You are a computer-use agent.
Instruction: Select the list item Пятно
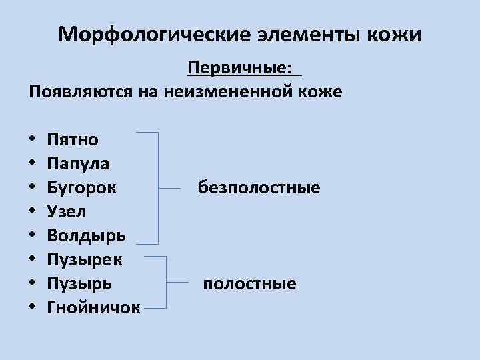[x=73, y=139]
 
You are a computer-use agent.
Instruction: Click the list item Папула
[x=79, y=163]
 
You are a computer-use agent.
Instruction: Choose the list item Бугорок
[x=82, y=187]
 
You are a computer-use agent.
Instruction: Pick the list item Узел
[x=67, y=211]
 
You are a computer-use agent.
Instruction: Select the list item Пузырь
[x=80, y=283]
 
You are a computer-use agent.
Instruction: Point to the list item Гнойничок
[x=94, y=307]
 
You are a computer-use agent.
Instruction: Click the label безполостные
[x=259, y=188]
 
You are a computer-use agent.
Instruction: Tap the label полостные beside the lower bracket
[x=249, y=284]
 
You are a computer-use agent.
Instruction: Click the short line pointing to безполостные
[x=171, y=189]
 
